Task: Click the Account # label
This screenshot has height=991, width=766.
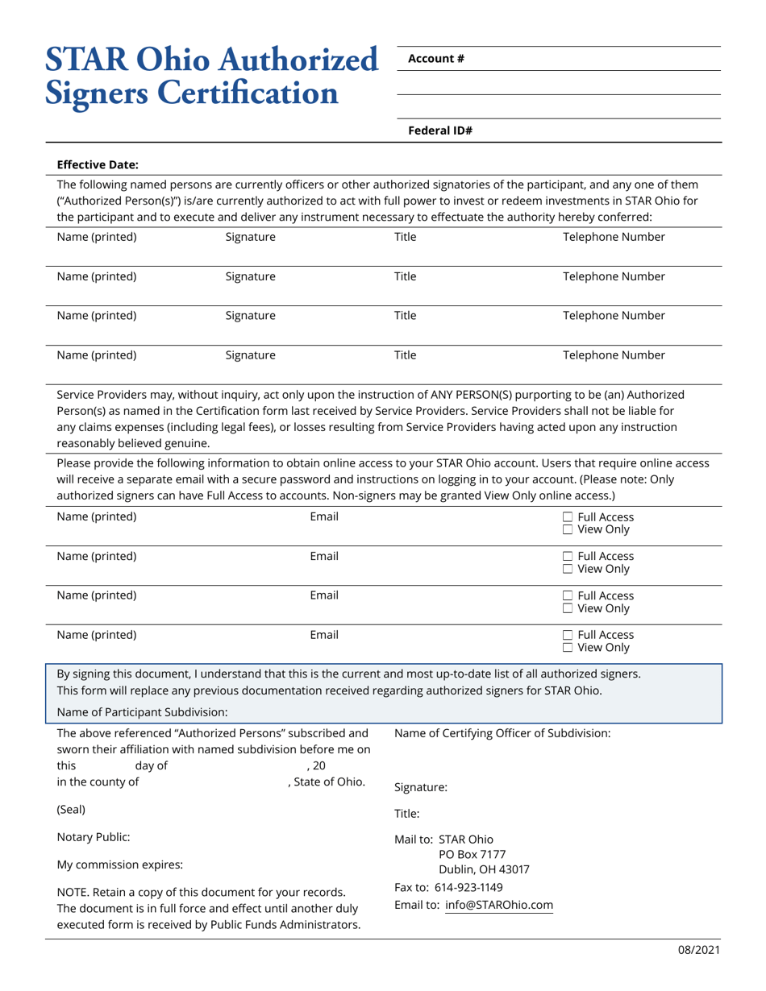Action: tap(435, 58)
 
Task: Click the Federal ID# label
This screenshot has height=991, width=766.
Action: tap(439, 130)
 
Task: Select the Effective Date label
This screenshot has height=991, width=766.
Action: tap(98, 164)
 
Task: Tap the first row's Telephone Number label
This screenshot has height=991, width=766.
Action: tap(613, 237)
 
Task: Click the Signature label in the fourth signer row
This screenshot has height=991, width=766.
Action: tap(250, 355)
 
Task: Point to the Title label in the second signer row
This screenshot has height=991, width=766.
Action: tap(405, 276)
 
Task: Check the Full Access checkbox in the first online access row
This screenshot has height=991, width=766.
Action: tap(568, 517)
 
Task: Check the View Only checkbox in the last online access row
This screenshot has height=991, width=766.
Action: tap(568, 647)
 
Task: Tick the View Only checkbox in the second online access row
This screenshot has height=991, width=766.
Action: tap(568, 569)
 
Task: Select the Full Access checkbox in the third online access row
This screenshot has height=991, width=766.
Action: tap(568, 596)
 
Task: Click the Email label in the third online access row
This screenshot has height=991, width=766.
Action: tap(324, 595)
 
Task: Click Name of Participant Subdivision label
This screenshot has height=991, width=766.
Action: tap(142, 711)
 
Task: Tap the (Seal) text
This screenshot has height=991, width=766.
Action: tap(71, 809)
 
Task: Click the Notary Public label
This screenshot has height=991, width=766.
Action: tap(93, 837)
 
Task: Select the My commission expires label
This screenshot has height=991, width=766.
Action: tap(119, 865)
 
